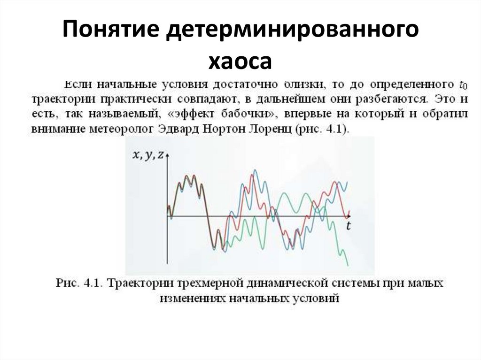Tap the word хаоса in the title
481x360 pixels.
240,61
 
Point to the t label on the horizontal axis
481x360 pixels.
349,226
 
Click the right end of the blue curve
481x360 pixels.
347,182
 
